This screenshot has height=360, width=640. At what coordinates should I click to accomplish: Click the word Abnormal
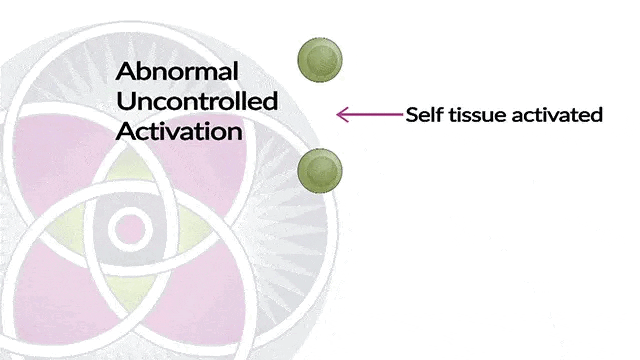177,72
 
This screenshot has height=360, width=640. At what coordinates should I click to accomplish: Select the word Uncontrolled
197,101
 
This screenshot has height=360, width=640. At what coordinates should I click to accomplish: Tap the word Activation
180,130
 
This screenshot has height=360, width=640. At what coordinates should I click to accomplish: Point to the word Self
422,115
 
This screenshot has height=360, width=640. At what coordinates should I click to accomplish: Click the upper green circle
320,59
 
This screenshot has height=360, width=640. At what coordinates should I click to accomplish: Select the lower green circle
320,171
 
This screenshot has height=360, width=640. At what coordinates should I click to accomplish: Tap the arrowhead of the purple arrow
340,115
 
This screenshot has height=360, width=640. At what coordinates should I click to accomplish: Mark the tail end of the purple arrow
399,115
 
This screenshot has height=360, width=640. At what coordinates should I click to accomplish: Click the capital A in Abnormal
126,72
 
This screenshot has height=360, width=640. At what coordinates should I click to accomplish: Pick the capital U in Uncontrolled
125,101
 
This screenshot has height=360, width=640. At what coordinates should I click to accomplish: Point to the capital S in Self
412,115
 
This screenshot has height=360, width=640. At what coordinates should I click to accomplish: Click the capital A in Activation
126,130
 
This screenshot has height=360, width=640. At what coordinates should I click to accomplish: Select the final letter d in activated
597,115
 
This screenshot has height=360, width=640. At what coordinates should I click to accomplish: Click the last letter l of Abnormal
235,72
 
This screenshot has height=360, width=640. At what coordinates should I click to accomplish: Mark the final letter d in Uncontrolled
271,101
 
